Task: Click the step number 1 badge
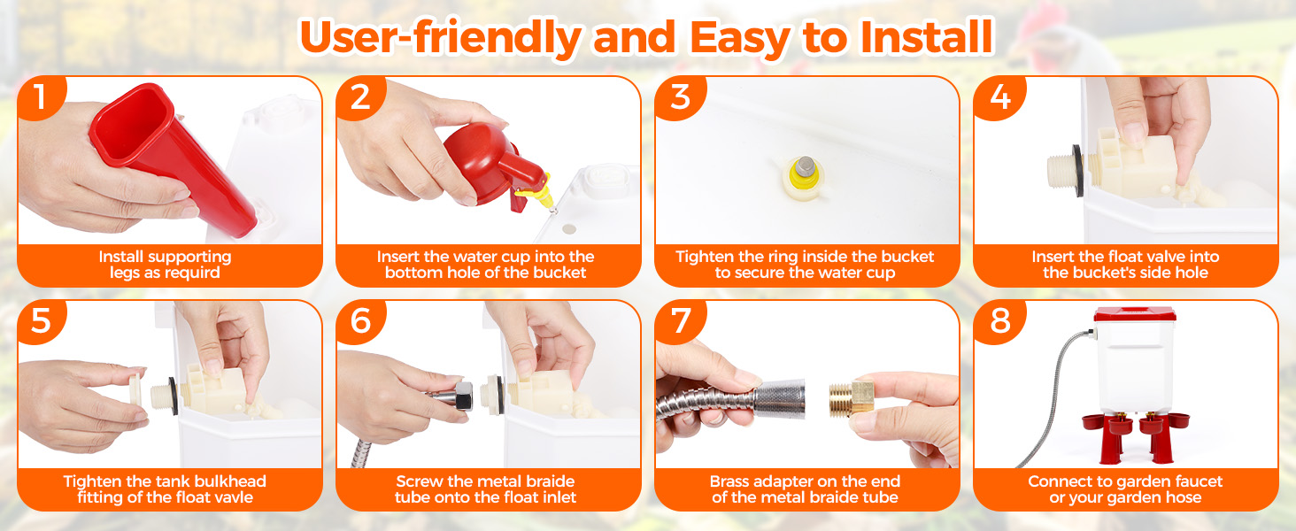pos(41,97)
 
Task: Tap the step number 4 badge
pos(999,97)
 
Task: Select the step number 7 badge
pos(681,321)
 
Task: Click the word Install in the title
pos(926,37)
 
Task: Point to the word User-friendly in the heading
pos(440,38)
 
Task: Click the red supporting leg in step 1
pos(173,159)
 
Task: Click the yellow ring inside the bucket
pos(803,177)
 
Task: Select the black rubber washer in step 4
pos(1078,170)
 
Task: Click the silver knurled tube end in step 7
pos(780,399)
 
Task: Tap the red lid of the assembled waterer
pos(1135,315)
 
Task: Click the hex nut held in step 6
pos(464,396)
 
